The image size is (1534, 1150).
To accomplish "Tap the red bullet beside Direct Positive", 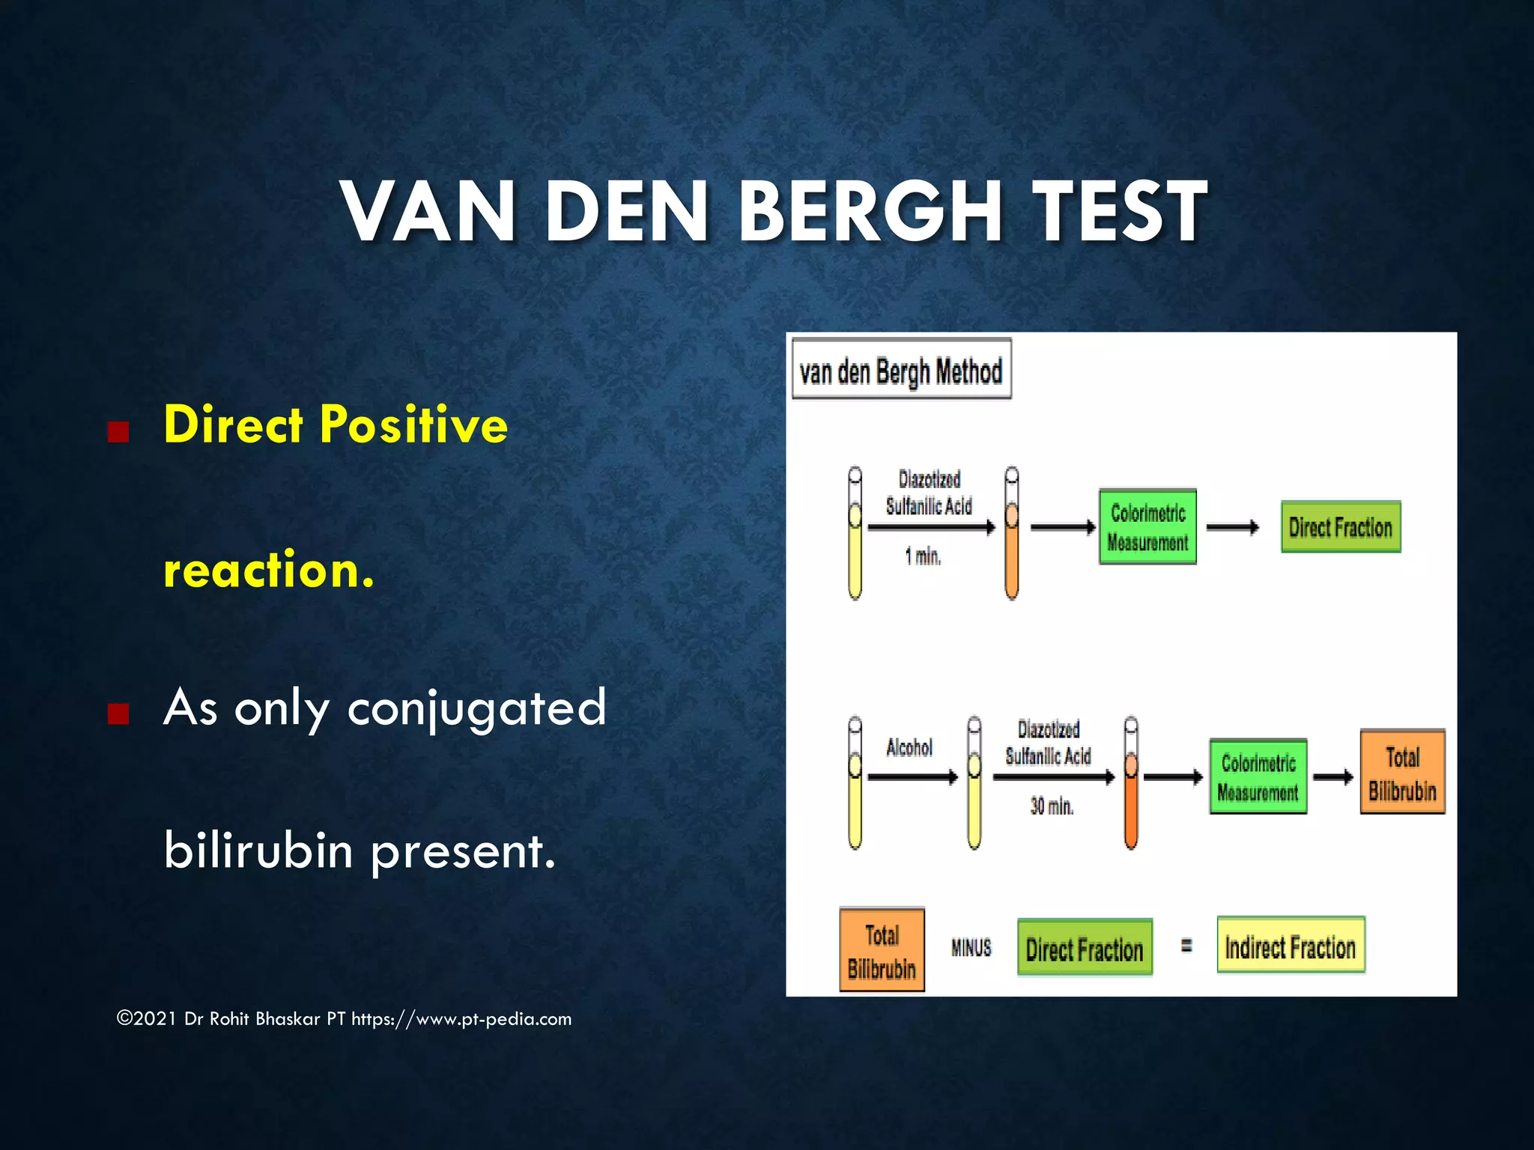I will point(118,432).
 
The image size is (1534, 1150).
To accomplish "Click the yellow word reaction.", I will point(268,571).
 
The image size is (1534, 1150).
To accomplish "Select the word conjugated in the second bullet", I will point(476,708).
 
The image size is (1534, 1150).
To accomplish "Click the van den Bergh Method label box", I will point(901,370).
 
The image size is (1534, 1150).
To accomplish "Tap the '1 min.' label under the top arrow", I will point(922,556).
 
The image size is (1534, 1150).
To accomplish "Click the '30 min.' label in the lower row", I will point(1051,806).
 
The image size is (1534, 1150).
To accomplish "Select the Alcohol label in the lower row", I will point(909,747).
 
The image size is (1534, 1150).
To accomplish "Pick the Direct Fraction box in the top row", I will point(1340,527).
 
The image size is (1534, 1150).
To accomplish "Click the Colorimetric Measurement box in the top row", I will point(1148,527).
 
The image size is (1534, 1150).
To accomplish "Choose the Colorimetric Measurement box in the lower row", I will point(1258,777).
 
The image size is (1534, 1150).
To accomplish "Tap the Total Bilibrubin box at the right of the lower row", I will point(1402,773).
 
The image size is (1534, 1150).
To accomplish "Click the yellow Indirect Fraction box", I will point(1290,946).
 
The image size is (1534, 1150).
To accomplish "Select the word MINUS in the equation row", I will point(971,948).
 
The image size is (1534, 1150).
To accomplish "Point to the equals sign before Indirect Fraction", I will point(1186,946).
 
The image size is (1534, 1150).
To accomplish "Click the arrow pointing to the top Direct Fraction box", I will point(1233,527).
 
